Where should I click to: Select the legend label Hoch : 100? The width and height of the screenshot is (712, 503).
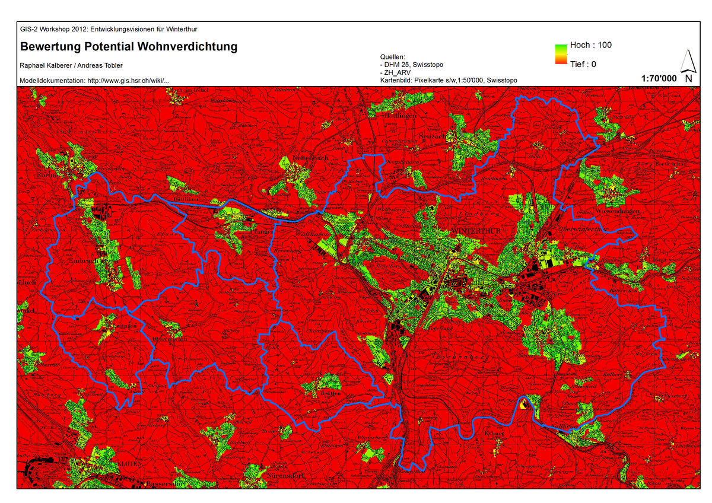(590, 45)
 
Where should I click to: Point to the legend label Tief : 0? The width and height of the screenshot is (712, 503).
(583, 64)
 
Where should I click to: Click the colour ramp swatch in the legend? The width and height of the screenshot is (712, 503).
(561, 54)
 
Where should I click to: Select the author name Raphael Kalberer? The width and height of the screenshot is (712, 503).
(44, 65)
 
